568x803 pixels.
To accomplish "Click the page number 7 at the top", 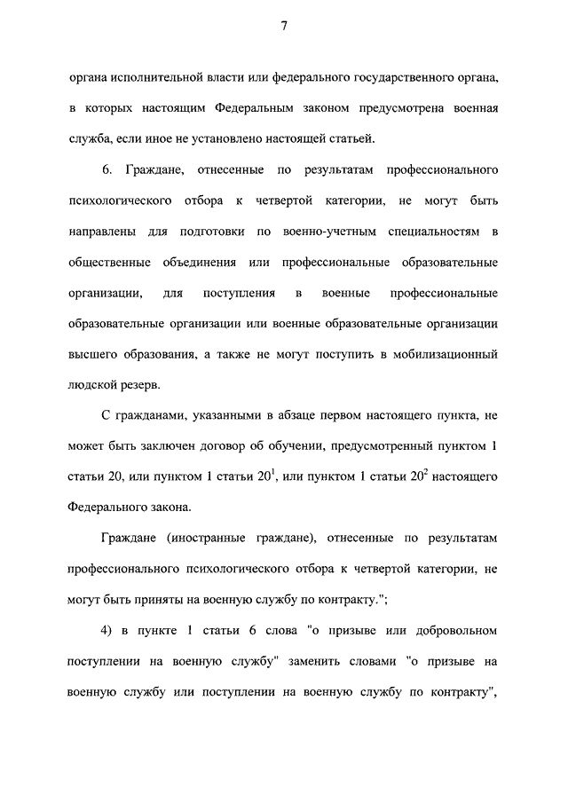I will (x=284, y=26).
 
